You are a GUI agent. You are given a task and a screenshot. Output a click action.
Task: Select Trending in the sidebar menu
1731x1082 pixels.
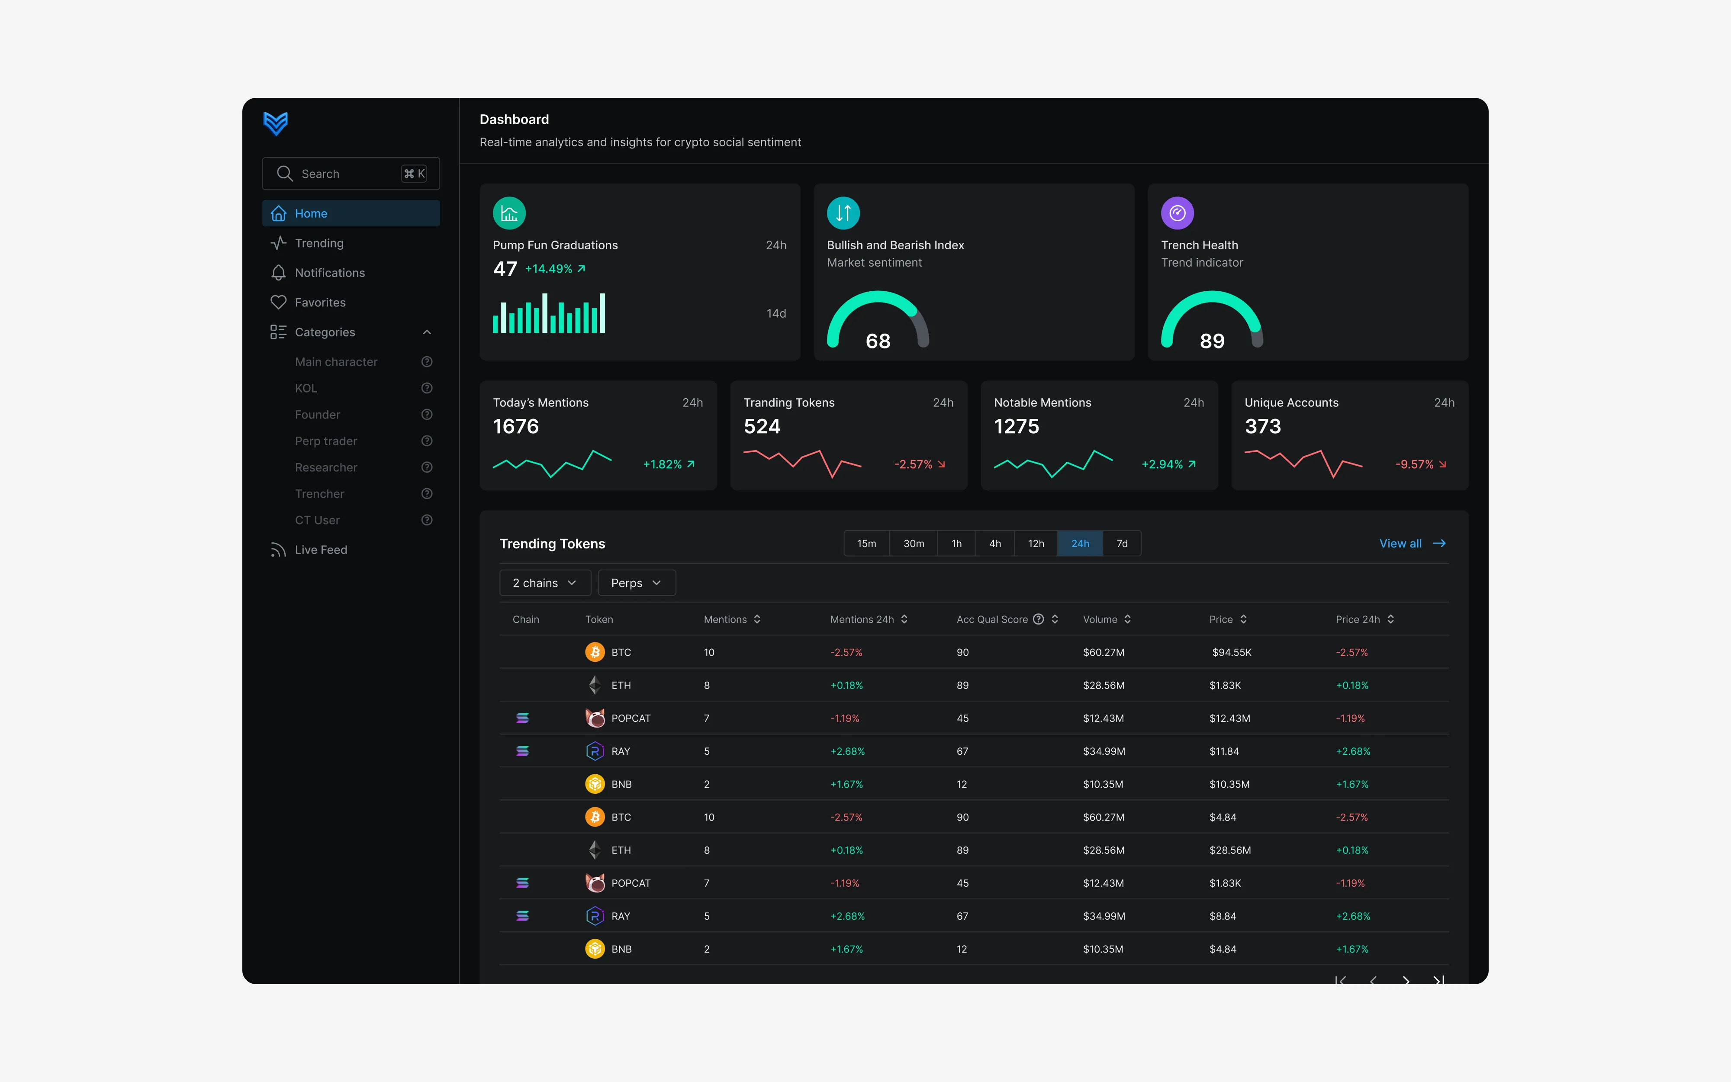(x=319, y=243)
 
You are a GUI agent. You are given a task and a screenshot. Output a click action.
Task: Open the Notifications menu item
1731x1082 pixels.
(x=330, y=273)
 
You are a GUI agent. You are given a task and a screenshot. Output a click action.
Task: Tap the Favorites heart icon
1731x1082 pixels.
(x=278, y=302)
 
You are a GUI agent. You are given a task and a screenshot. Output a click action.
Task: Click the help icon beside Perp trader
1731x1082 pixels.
(x=427, y=441)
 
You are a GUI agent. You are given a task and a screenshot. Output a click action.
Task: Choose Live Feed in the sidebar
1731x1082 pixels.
(x=320, y=550)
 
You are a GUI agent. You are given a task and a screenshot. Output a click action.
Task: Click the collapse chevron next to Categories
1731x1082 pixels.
(x=427, y=332)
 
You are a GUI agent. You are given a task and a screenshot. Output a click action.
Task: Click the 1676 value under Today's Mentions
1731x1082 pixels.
(x=516, y=426)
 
